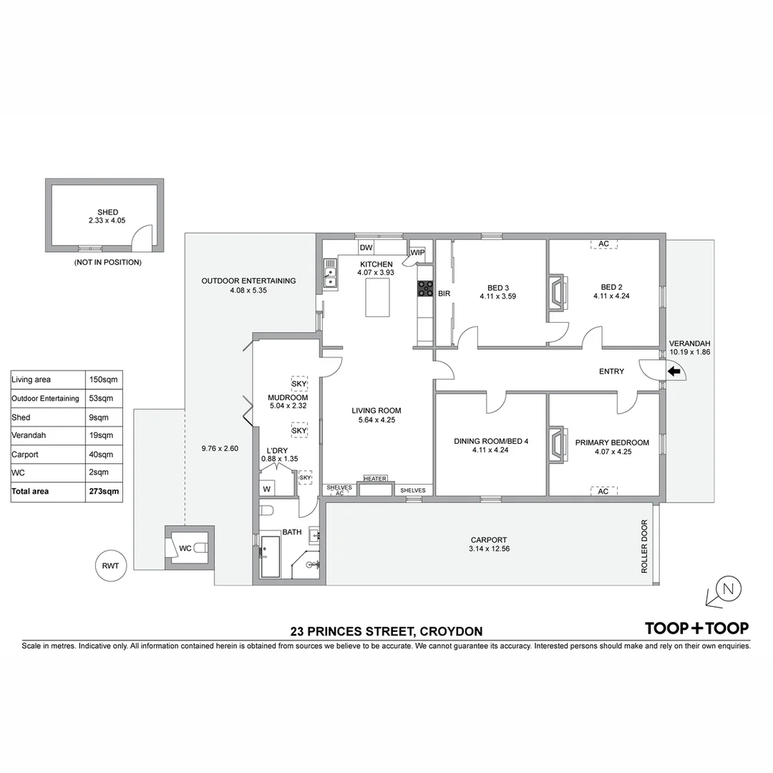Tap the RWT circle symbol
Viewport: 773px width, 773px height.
pyautogui.click(x=110, y=565)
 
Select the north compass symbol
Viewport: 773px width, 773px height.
pyautogui.click(x=728, y=590)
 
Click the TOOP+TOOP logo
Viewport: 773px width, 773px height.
pyautogui.click(x=696, y=628)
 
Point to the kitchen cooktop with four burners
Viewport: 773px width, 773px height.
pyautogui.click(x=425, y=288)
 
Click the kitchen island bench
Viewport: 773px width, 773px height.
pyautogui.click(x=379, y=298)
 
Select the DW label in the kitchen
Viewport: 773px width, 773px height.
pyautogui.click(x=366, y=248)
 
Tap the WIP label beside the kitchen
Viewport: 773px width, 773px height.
pyautogui.click(x=418, y=252)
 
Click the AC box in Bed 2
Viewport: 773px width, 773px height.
pyautogui.click(x=603, y=244)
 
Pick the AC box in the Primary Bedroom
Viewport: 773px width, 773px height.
pyautogui.click(x=603, y=491)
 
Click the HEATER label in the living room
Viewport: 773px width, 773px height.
pyautogui.click(x=375, y=479)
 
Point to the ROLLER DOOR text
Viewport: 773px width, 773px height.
pyautogui.click(x=644, y=546)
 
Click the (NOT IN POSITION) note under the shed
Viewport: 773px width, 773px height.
pyautogui.click(x=108, y=263)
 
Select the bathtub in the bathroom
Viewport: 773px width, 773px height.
pyautogui.click(x=271, y=556)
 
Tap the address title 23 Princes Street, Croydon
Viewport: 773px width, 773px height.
pyautogui.click(x=386, y=631)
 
